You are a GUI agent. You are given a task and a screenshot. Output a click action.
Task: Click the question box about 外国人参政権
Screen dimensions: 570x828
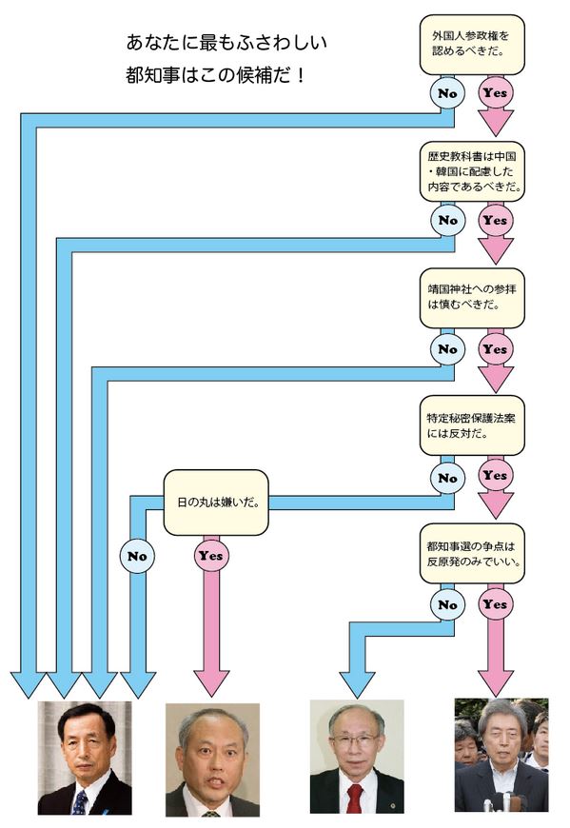point(472,45)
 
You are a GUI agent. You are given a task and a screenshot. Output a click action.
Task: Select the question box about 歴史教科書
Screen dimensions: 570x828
point(472,171)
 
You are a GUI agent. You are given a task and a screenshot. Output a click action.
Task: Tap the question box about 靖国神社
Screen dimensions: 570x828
point(472,298)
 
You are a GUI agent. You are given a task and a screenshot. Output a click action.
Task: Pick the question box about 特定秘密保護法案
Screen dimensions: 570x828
point(472,425)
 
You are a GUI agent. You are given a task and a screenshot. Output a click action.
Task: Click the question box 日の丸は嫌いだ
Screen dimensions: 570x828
point(216,503)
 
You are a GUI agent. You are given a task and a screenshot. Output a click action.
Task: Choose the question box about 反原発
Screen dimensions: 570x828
point(472,553)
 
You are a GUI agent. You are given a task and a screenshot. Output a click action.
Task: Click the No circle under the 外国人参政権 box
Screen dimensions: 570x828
point(447,93)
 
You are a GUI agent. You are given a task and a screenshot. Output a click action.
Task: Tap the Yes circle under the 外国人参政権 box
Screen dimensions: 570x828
point(495,93)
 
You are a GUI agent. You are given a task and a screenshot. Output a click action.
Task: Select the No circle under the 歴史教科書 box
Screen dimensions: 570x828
point(447,220)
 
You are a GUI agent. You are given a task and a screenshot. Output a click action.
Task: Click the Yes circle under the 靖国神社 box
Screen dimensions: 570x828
point(495,349)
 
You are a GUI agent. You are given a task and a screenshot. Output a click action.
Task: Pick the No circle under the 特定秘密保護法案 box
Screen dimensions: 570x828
point(447,478)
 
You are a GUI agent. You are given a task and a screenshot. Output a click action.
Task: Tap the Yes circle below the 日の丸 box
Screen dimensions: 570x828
point(211,556)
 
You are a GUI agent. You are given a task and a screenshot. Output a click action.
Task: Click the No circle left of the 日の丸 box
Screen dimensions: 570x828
point(137,556)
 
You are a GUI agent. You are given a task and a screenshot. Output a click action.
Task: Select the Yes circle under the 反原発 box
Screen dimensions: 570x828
point(495,604)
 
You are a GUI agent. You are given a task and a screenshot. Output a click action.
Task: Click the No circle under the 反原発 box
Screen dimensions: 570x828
point(447,604)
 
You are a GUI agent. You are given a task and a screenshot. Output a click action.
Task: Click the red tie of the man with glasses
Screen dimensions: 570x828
point(354,798)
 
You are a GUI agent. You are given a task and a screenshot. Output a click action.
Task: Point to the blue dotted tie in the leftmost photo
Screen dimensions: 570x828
point(80,802)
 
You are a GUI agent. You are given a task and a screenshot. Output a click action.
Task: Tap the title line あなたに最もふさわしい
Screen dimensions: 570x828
point(226,43)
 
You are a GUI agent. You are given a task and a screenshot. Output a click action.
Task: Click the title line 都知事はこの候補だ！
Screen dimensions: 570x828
point(215,75)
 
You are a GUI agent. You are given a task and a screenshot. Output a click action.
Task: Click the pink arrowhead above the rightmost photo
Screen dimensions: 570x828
point(495,683)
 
